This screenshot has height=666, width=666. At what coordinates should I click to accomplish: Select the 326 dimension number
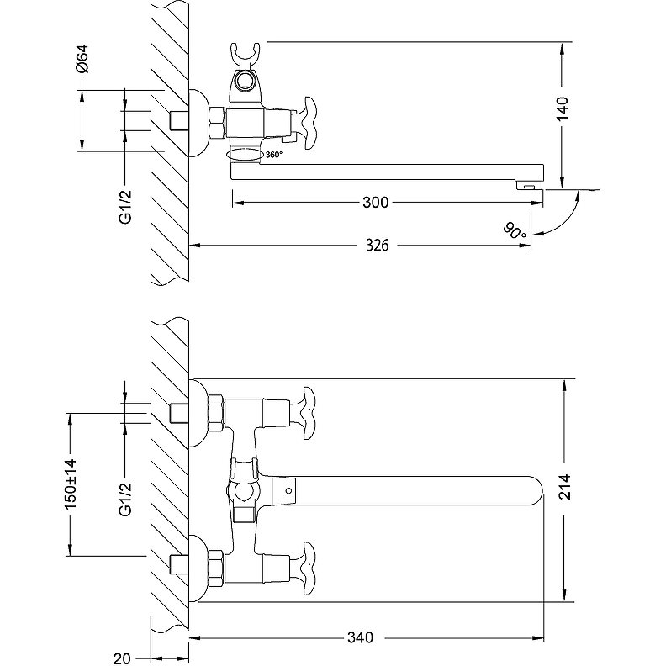click(x=378, y=246)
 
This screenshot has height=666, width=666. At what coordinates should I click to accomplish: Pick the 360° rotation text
click(x=273, y=155)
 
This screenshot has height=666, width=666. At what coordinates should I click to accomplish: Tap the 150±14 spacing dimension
click(x=71, y=484)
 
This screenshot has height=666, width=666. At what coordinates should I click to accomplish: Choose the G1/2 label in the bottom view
click(x=124, y=499)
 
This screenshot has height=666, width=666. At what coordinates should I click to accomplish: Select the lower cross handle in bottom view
click(x=302, y=564)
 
